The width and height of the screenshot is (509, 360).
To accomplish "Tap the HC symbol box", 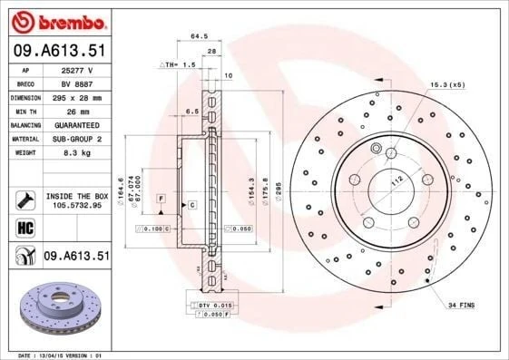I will point(23,226).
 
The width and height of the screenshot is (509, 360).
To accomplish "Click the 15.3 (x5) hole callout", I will point(447,84).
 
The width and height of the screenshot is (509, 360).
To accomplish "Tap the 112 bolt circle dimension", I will point(396,180).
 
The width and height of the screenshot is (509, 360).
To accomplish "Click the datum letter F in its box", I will point(161,197).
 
